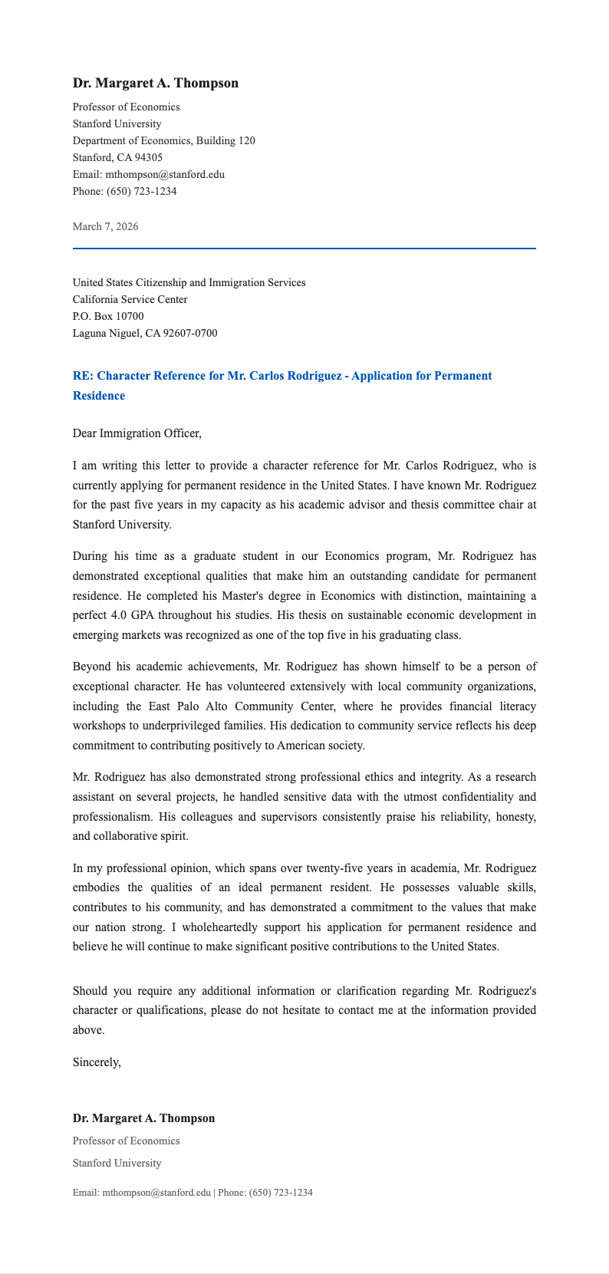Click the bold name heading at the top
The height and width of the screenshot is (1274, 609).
pos(155,83)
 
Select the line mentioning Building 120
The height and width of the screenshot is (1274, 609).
pos(163,140)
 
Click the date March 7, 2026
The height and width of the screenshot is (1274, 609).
pos(105,226)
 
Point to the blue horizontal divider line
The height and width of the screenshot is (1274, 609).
pos(304,249)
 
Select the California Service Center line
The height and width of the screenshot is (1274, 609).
pos(130,299)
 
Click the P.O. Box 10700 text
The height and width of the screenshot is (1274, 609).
pos(108,316)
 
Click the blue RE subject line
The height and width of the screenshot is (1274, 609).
pos(281,376)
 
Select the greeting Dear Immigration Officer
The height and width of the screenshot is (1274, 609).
pos(137,433)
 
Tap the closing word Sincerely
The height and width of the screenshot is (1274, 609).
pos(97,1062)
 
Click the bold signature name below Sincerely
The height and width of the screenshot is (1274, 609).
pos(143,1118)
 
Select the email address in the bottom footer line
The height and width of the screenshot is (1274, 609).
pos(156,1193)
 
